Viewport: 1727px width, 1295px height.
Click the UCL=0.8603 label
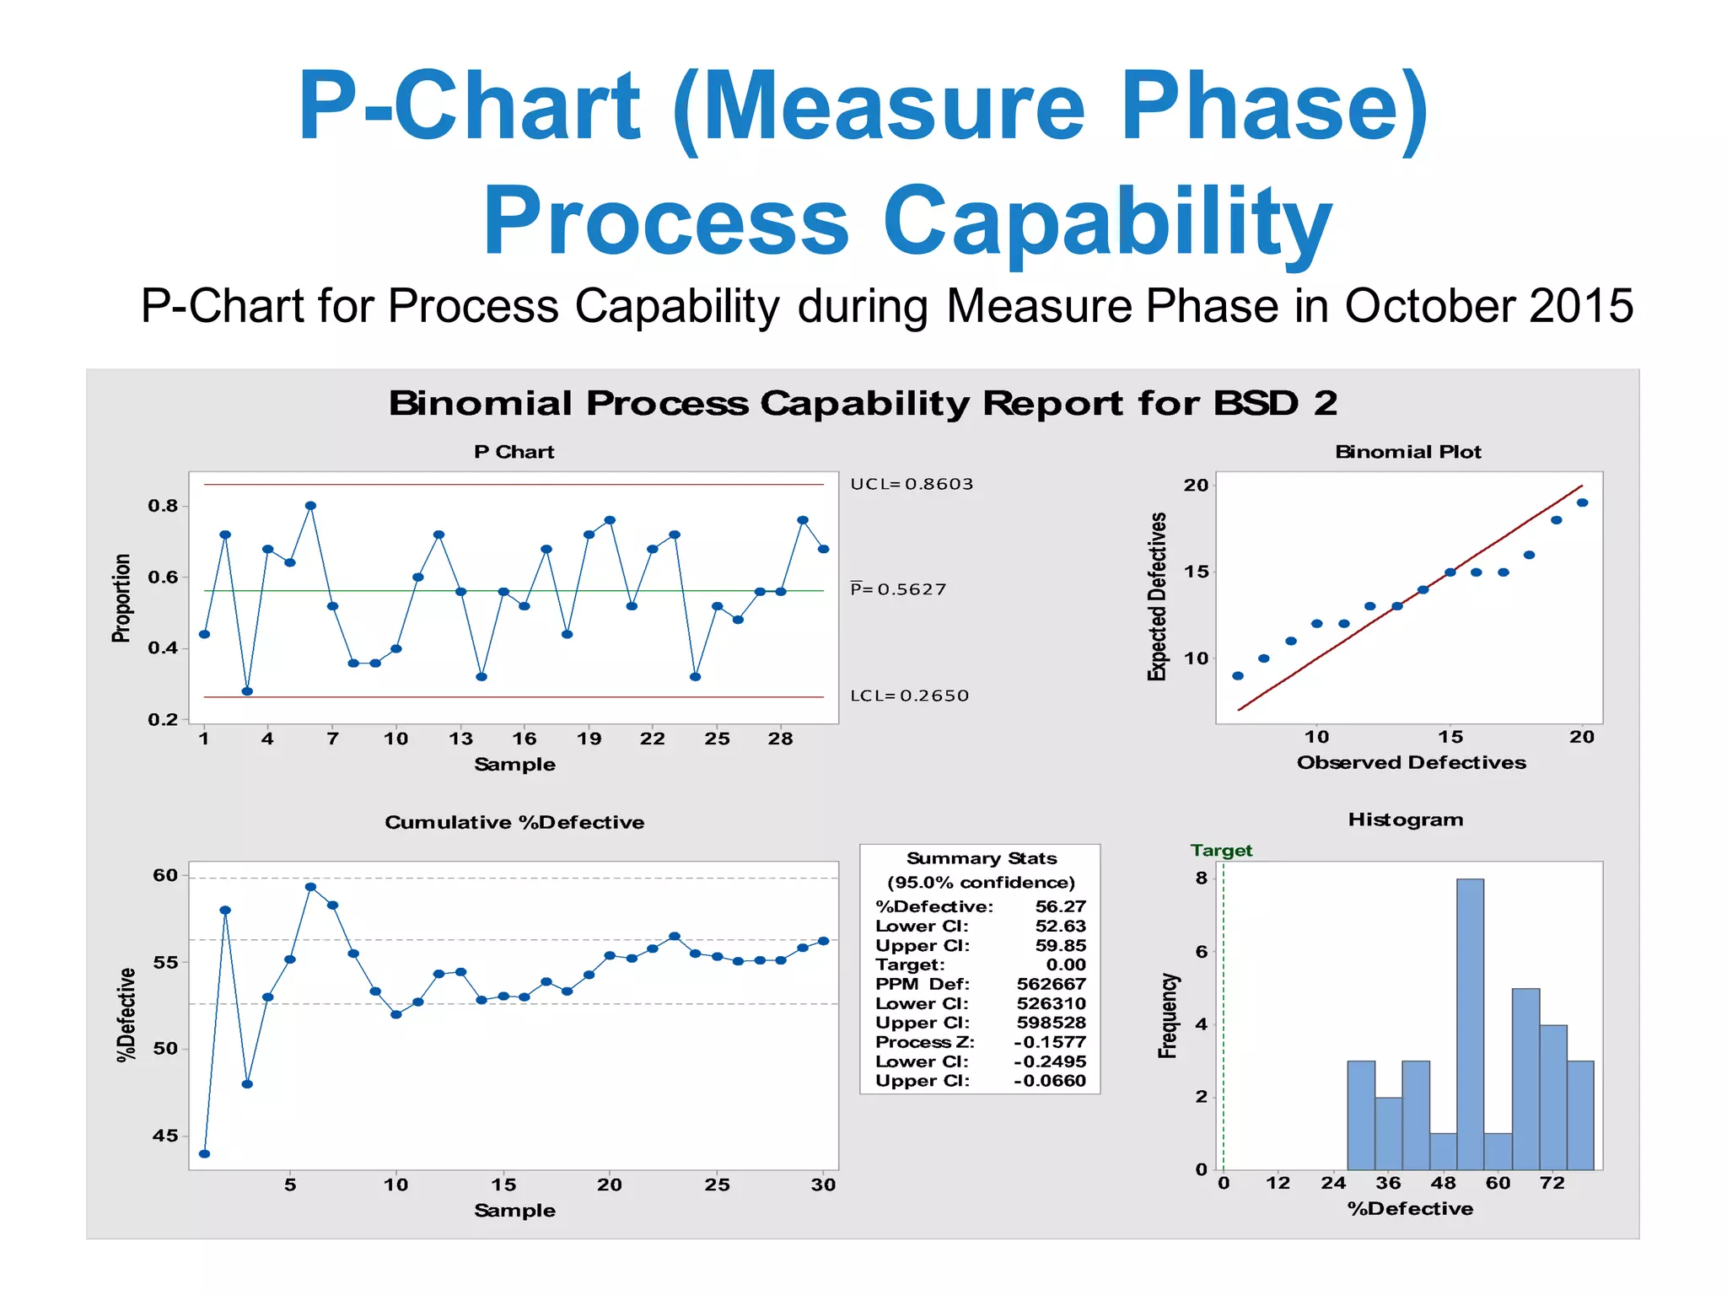911,484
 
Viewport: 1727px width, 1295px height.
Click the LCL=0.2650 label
909,696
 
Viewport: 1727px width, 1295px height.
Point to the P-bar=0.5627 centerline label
897,588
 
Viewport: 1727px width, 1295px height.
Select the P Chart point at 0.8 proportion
310,506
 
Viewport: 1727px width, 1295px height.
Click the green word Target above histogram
1221,850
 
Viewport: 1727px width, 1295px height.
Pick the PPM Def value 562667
1051,984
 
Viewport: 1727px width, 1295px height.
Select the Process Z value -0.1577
1049,1042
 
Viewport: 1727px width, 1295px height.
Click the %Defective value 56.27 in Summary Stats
1060,906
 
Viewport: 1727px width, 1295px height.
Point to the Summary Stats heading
981,858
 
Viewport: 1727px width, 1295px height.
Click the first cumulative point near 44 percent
204,1153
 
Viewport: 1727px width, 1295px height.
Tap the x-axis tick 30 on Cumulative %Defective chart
823,1185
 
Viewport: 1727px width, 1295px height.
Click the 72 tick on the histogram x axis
1552,1183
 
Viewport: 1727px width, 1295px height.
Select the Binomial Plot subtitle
1407,452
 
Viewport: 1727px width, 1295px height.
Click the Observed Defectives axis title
1411,762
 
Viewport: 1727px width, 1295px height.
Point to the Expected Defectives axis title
1158,596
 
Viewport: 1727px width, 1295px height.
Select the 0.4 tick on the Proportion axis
163,648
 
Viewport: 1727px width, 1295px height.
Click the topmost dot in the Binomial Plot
1582,502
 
